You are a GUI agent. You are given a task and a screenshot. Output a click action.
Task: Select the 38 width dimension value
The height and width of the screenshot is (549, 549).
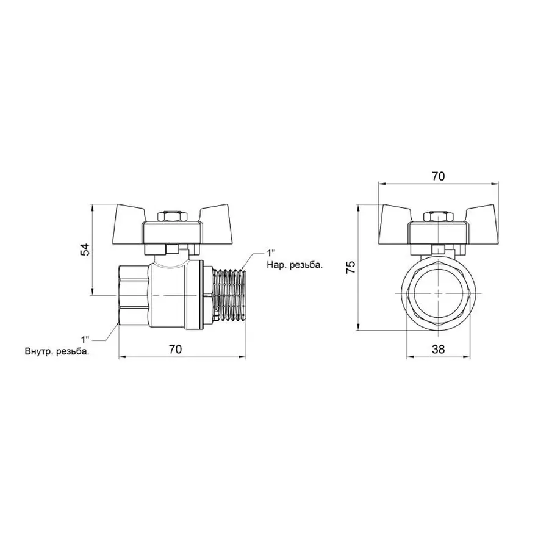(x=438, y=349)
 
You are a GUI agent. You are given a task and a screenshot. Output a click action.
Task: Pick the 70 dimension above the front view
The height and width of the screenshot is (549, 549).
(x=438, y=176)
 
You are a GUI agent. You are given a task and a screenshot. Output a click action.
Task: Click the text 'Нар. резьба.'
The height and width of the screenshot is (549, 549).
(x=294, y=265)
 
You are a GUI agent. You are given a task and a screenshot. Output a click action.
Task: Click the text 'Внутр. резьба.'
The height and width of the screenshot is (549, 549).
(x=61, y=351)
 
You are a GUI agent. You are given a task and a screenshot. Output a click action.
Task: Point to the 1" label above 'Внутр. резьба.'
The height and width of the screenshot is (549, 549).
(x=85, y=339)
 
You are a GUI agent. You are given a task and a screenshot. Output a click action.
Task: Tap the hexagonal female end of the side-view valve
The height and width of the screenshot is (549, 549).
(x=133, y=295)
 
